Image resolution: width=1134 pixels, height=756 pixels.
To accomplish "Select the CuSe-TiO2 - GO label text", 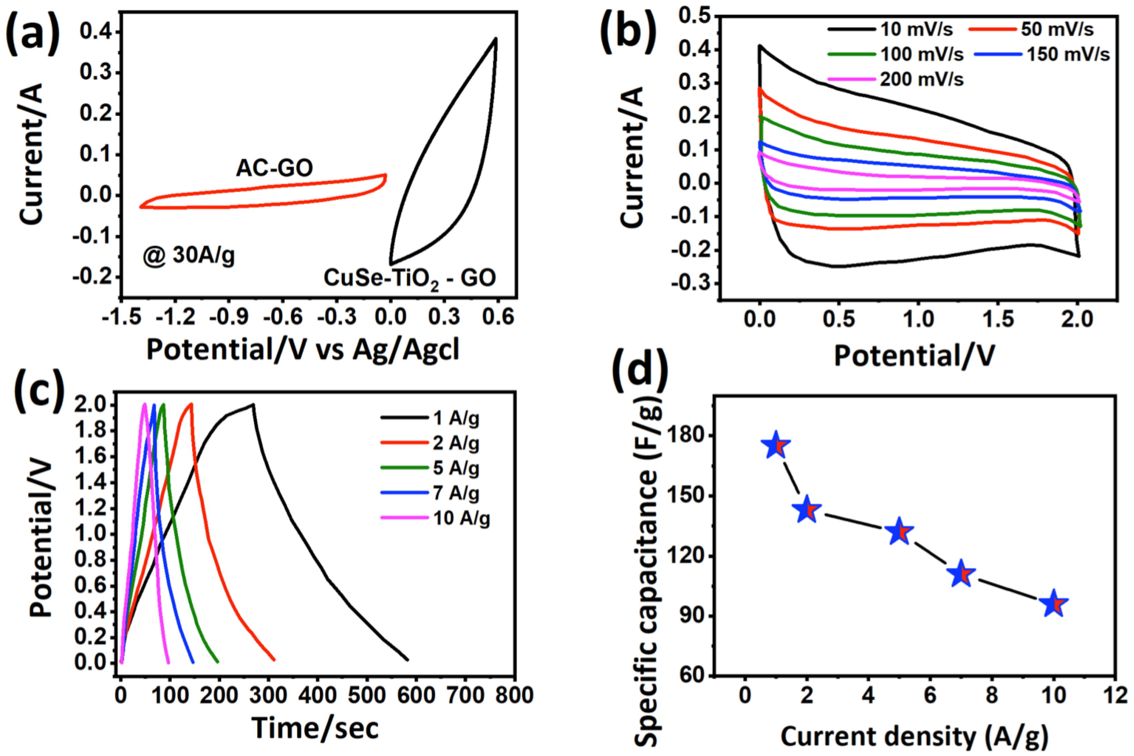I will coord(410,278).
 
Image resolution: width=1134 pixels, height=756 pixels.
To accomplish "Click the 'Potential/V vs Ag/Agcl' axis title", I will coord(302,349).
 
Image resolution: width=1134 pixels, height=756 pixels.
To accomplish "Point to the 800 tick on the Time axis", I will coord(515,695).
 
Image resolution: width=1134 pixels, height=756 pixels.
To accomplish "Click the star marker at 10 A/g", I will coord(1053,604).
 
